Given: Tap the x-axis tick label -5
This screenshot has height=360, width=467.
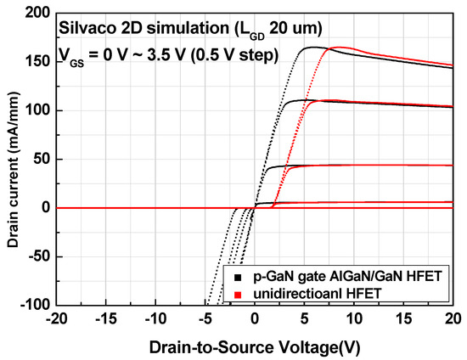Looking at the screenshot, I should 204,318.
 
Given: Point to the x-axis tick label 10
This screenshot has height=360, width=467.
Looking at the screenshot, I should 353,318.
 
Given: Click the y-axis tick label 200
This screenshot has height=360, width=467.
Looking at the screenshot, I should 36,14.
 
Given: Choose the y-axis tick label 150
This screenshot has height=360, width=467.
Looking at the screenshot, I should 36,62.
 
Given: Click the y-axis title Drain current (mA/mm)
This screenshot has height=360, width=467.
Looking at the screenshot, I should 12,159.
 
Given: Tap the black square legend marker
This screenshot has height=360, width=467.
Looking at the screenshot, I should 228,277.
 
